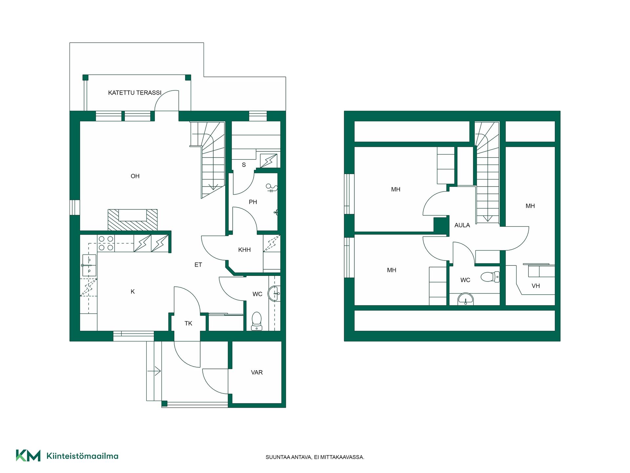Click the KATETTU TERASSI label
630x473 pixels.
click(135, 93)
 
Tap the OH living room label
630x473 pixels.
click(135, 176)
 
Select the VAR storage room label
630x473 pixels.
click(257, 372)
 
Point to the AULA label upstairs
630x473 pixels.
click(462, 225)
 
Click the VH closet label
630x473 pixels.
click(535, 286)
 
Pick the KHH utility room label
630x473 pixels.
click(244, 250)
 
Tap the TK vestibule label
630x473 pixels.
click(188, 324)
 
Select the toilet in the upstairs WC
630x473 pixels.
click(490, 277)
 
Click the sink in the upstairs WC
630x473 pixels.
click(466, 299)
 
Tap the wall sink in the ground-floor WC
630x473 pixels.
click(274, 294)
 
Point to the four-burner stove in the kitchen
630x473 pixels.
click(106, 243)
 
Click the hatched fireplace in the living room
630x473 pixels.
click(133, 220)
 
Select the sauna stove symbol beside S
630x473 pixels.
click(268, 161)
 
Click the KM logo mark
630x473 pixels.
click(28, 456)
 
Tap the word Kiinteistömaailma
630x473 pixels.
click(82, 456)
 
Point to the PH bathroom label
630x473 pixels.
click(253, 202)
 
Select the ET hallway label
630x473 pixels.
click(198, 265)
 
